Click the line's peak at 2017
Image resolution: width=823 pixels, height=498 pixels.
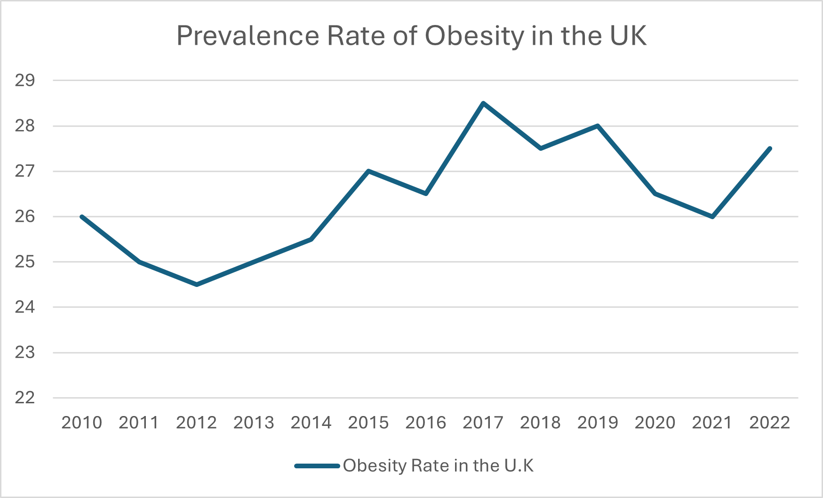[x=483, y=103]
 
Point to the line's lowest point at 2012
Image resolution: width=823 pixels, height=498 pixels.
[x=197, y=285]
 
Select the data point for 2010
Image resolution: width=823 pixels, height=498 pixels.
[x=82, y=217]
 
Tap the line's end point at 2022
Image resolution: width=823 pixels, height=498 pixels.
[x=770, y=148]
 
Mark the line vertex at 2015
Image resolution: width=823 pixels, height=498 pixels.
[x=368, y=171]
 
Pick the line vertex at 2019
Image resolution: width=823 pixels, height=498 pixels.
[x=598, y=126]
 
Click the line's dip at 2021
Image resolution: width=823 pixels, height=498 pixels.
[x=712, y=217]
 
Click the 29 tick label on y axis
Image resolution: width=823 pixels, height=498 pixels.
[x=25, y=81]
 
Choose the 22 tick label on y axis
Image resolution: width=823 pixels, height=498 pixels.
[x=25, y=398]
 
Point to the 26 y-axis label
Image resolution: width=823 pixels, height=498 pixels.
[x=25, y=217]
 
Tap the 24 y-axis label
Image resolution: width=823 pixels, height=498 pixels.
[x=25, y=307]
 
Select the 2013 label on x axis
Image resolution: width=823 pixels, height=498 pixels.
[x=254, y=423]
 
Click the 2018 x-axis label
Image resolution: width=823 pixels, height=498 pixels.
[x=540, y=423]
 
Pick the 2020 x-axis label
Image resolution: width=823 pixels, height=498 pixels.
[x=655, y=423]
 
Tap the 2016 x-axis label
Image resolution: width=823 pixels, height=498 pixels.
[x=426, y=423]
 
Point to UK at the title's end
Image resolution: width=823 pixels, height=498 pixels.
[x=628, y=36]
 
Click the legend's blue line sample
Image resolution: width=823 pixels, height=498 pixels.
[x=317, y=466]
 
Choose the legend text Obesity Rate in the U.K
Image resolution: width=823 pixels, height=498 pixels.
[x=438, y=466]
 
